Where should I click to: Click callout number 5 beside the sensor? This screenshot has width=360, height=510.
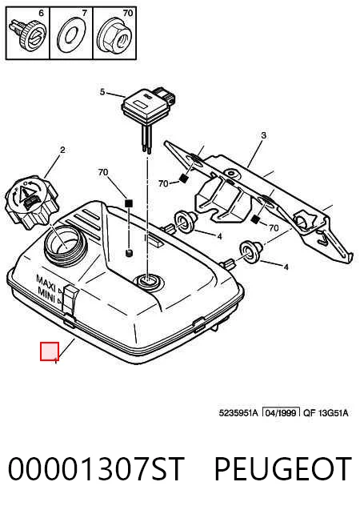click(102, 92)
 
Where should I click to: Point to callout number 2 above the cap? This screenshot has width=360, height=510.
click(62, 150)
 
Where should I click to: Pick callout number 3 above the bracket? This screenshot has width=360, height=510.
click(263, 135)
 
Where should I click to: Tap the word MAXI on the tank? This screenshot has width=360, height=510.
click(46, 280)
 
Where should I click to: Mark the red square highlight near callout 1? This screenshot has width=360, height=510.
click(50, 351)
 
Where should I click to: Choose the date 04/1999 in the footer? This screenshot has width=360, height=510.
click(281, 413)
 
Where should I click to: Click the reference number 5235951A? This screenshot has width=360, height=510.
click(238, 413)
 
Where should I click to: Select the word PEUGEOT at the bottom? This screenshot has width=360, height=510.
click(282, 468)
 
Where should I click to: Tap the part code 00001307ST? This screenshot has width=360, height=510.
click(96, 468)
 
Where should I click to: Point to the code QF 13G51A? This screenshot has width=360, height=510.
click(326, 413)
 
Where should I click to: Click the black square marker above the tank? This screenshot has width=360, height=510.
click(129, 203)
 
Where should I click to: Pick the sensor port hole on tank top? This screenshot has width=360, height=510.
click(148, 281)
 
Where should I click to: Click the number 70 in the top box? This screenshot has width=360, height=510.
click(128, 13)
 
